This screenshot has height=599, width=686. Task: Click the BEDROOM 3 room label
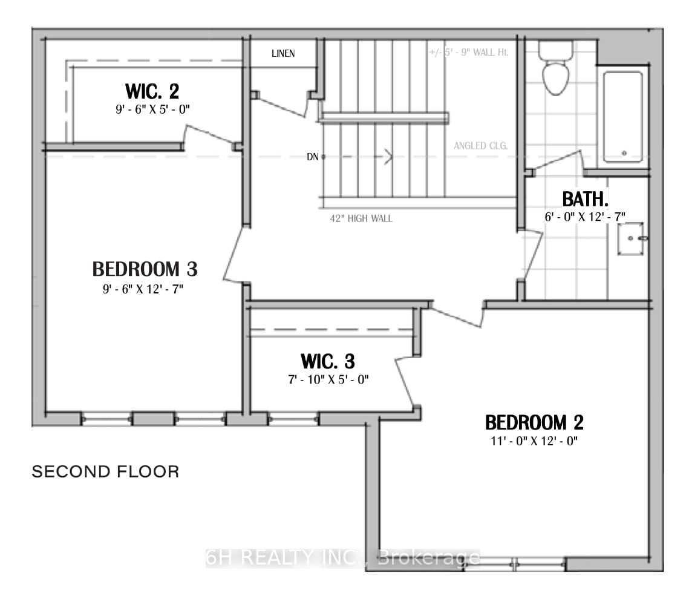pyautogui.click(x=145, y=268)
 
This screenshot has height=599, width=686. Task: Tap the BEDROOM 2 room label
pyautogui.click(x=534, y=422)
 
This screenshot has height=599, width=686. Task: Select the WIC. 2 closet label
pyautogui.click(x=152, y=91)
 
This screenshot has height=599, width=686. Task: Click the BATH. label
pyautogui.click(x=585, y=198)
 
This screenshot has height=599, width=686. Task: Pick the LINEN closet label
pyautogui.click(x=283, y=54)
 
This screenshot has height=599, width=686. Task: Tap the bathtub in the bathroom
pyautogui.click(x=622, y=117)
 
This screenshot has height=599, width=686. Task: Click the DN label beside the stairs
pyautogui.click(x=313, y=157)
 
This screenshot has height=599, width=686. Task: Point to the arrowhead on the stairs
pyautogui.click(x=387, y=157)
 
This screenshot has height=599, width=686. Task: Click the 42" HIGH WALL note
pyautogui.click(x=361, y=218)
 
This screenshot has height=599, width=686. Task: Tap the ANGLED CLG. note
pyautogui.click(x=480, y=146)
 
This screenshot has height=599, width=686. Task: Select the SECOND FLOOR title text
pyautogui.click(x=105, y=472)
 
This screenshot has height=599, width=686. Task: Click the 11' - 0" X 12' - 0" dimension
pyautogui.click(x=534, y=441)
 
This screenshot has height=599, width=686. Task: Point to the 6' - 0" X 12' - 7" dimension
pyautogui.click(x=584, y=216)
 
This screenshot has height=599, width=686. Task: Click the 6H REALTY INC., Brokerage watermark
pyautogui.click(x=343, y=558)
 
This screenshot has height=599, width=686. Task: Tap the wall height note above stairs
pyautogui.click(x=468, y=53)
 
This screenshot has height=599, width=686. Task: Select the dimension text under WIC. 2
pyautogui.click(x=152, y=110)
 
